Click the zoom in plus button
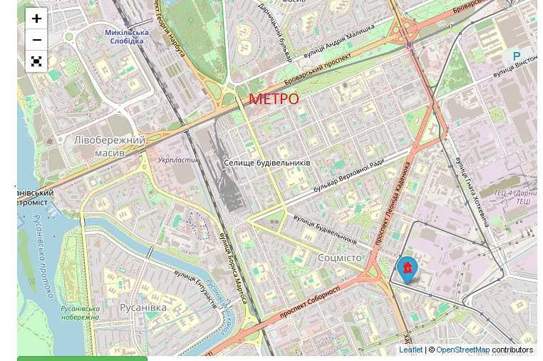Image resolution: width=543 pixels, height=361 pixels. click(x=36, y=19)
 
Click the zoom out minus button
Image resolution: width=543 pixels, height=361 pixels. click(x=36, y=40)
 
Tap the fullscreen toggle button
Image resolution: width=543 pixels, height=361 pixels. click(x=36, y=62)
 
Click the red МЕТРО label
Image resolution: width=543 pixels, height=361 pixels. click(x=274, y=99)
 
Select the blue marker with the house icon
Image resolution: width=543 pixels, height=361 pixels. click(x=407, y=270)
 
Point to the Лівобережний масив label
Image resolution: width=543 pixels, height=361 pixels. click(x=109, y=146)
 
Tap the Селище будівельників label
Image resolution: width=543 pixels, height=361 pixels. click(x=267, y=163)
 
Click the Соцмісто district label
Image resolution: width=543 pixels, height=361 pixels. click(x=340, y=258)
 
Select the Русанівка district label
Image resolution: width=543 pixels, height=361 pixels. click(x=143, y=307)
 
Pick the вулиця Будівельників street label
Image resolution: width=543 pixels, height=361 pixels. click(x=325, y=228)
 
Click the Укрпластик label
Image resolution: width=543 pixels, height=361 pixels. click(x=178, y=161)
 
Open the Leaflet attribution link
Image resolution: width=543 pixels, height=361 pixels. click(x=410, y=350)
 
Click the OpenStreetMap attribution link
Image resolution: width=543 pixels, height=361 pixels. click(x=462, y=350)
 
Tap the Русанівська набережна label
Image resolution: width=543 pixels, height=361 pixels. click(x=80, y=312)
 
